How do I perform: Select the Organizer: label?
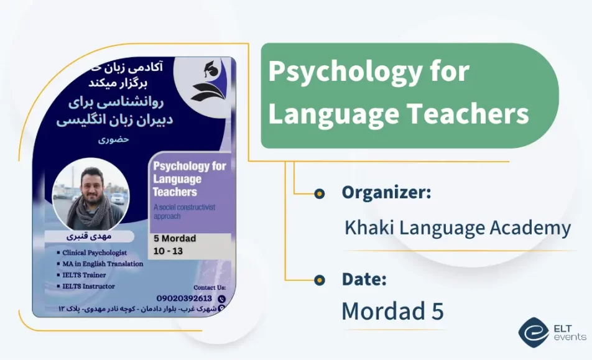386,193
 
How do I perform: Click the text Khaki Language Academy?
457,228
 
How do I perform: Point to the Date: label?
364,279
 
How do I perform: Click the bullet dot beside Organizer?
320,194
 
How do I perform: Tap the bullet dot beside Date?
320,280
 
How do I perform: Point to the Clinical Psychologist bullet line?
94,253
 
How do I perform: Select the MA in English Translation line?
102,264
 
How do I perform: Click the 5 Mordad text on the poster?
175,239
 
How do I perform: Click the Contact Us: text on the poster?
210,288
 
